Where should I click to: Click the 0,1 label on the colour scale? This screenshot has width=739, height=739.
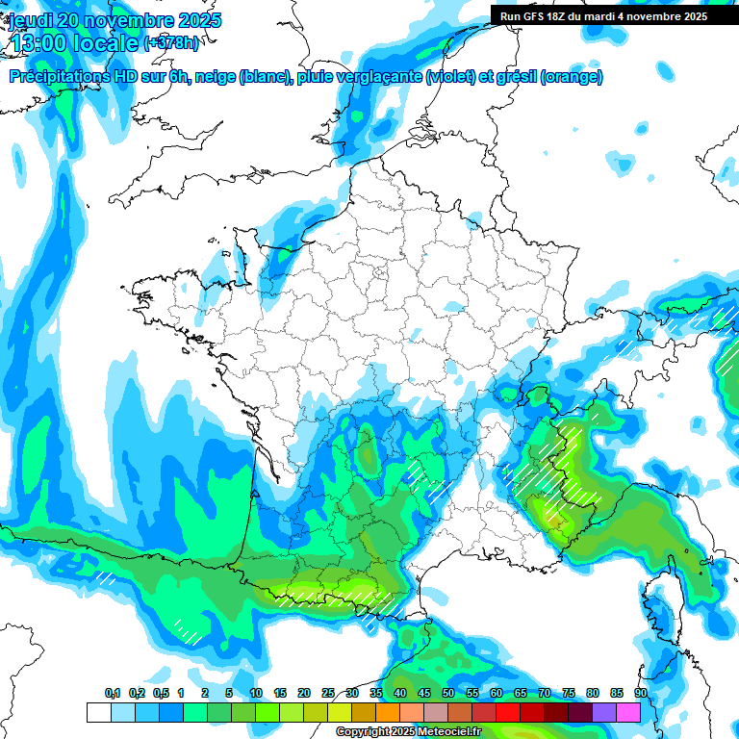113,693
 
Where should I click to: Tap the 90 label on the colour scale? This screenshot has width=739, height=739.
640,693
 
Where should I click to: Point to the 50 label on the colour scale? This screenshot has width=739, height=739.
448,693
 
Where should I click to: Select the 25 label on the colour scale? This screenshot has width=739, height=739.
328,693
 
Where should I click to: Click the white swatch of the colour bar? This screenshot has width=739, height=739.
98,712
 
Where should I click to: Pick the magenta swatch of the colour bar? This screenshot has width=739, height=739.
628,712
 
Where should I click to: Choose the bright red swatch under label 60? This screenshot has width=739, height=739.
508,712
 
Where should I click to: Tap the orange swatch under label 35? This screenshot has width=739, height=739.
388,712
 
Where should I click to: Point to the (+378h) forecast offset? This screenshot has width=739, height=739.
170,43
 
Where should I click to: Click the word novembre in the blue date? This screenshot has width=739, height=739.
115,20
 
